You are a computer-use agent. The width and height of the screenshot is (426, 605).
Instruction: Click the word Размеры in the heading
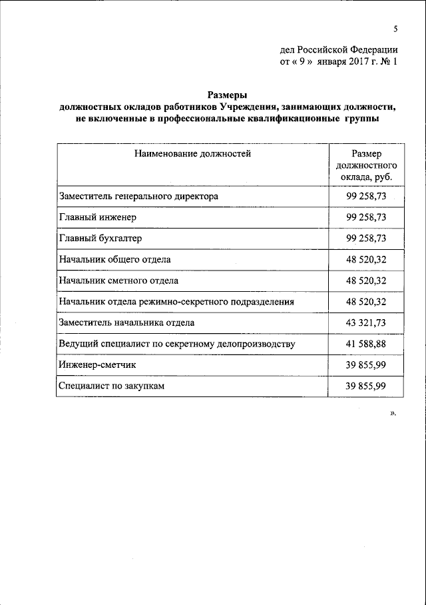pos(228,96)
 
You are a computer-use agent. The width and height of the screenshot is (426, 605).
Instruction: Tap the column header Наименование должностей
pos(192,154)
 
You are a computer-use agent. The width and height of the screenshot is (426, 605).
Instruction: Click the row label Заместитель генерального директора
pos(138,196)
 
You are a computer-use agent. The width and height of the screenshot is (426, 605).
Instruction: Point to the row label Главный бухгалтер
pos(101,238)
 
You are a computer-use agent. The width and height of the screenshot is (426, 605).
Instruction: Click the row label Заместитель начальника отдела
pos(127,322)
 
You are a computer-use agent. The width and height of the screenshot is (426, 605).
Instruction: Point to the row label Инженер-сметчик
pos(98,365)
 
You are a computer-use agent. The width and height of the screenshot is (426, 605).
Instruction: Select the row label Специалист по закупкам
pos(110,386)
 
